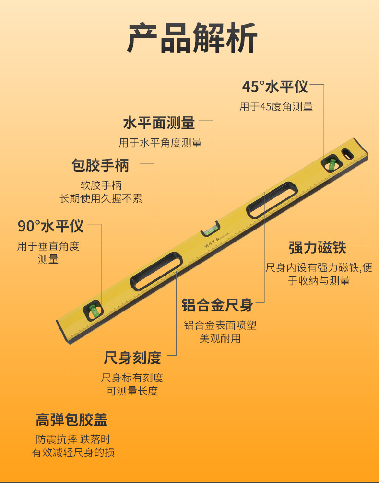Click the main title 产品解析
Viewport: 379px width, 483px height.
click(192, 38)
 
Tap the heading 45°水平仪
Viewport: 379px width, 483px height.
click(275, 87)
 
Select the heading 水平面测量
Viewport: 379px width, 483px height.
click(159, 123)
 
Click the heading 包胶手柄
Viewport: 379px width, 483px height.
click(100, 166)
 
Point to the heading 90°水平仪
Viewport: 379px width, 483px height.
click(50, 226)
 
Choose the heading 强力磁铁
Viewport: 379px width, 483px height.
click(317, 248)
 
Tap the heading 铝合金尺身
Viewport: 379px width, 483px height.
click(217, 305)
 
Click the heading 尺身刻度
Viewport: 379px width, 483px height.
click(132, 357)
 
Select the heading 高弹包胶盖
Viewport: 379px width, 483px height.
click(71, 420)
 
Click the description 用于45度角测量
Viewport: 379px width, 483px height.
click(276, 107)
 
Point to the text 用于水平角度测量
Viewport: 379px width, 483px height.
click(160, 143)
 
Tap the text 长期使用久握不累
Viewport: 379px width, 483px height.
click(101, 198)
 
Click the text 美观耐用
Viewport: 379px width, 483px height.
click(220, 339)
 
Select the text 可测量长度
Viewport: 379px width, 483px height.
click(132, 391)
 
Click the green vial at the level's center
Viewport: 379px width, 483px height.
click(210, 230)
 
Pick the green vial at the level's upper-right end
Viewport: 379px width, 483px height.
click(331, 163)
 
